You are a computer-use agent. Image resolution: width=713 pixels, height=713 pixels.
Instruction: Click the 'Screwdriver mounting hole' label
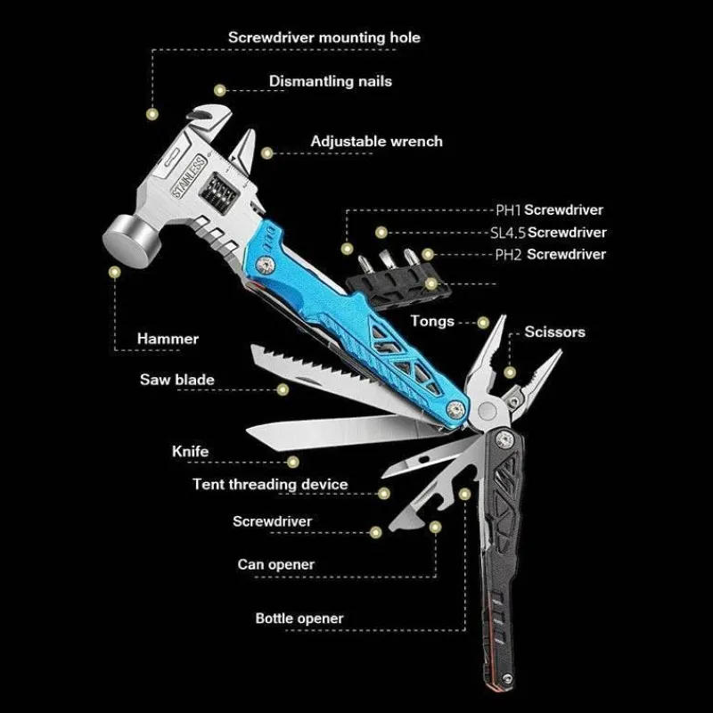(x=324, y=37)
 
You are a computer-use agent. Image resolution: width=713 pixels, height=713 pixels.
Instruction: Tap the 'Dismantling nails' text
(x=331, y=81)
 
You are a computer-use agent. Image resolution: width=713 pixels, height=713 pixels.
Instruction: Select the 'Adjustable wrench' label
(x=376, y=142)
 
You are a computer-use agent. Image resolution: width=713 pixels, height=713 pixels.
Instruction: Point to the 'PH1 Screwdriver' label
(x=549, y=210)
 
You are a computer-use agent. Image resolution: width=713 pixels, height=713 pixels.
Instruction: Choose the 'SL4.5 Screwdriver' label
(x=548, y=233)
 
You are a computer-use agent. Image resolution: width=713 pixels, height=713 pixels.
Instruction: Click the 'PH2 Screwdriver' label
(x=550, y=254)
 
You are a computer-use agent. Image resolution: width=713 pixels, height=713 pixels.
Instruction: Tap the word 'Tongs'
(x=432, y=322)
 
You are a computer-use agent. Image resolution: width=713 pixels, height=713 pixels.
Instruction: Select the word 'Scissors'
(x=554, y=332)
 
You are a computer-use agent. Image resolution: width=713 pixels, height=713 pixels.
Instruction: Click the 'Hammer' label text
(x=168, y=339)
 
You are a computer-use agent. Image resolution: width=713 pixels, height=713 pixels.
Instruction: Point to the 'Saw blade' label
(x=176, y=380)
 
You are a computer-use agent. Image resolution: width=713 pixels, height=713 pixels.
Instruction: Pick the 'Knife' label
(x=190, y=452)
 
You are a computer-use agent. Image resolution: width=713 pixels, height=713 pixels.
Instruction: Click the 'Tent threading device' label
(x=270, y=484)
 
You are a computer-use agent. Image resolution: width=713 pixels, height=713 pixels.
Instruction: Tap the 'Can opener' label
(x=276, y=565)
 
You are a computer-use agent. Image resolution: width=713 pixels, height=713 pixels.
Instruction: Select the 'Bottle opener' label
(x=299, y=619)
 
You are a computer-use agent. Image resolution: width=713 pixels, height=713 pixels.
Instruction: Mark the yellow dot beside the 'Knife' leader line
(x=293, y=463)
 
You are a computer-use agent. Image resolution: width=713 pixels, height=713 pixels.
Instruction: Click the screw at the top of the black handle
(x=504, y=438)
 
